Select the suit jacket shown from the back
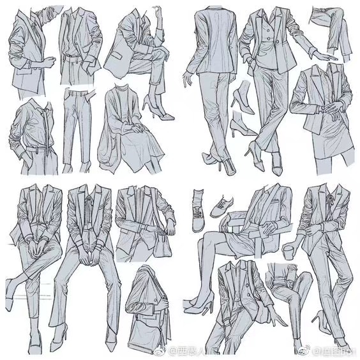pyautogui.click(x=211, y=38)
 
